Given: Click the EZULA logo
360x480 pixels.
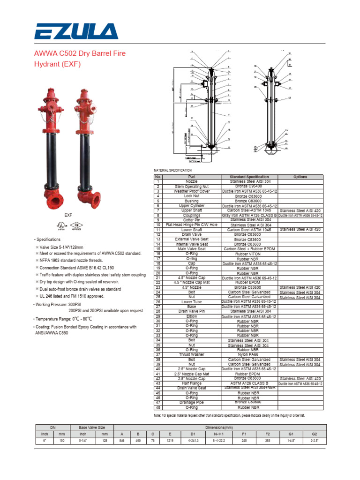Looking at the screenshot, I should click(76, 32).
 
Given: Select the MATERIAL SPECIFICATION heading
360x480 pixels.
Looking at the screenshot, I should click(172, 170).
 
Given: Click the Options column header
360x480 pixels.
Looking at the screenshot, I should click(300, 177).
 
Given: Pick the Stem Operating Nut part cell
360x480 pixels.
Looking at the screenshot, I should click(192, 187).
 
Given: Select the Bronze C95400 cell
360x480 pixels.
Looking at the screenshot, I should click(250, 187).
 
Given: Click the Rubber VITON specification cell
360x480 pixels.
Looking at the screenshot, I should click(250, 254).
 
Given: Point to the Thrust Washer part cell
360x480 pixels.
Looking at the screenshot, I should click(192, 354).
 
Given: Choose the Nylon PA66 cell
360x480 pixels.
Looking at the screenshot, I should click(250, 354).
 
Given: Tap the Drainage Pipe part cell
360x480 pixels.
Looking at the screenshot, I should click(192, 402).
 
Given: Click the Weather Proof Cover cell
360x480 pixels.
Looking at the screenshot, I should click(192, 191).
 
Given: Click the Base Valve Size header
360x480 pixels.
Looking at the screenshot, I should click(88, 427).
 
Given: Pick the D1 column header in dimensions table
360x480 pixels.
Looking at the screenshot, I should click(193, 435).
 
